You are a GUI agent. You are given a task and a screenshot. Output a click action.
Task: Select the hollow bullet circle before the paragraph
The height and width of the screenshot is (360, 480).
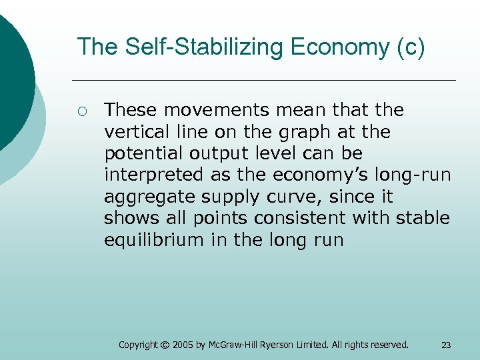tap(81, 110)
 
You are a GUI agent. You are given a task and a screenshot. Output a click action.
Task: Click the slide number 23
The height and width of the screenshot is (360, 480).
tap(446, 345)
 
